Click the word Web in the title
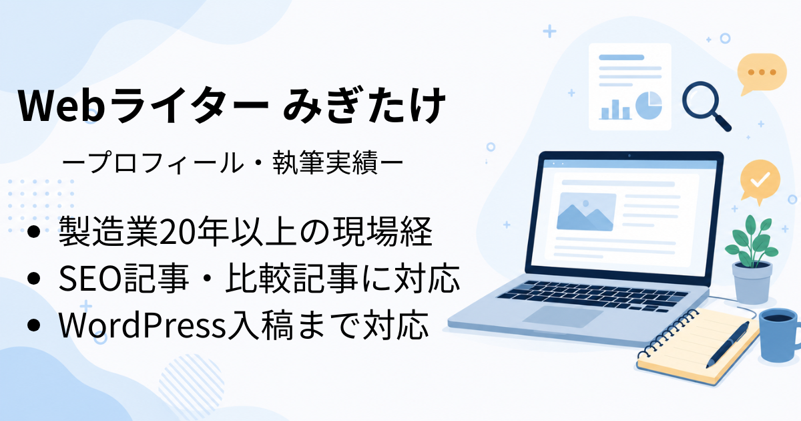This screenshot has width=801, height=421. tap(61, 106)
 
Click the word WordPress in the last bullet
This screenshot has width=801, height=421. tap(142, 325)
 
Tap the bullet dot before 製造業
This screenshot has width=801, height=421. tap(33, 232)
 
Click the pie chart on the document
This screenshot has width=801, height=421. tap(649, 106)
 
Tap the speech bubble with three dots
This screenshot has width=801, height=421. tap(761, 74)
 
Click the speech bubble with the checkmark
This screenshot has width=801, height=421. tap(760, 182)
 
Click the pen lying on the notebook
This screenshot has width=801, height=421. tap(728, 344)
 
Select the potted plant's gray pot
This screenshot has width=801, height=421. tap(752, 283)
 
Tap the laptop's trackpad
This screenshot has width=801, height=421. tap(563, 316)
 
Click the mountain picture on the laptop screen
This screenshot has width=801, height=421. tap(586, 212)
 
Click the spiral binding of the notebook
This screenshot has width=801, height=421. tap(667, 333)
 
